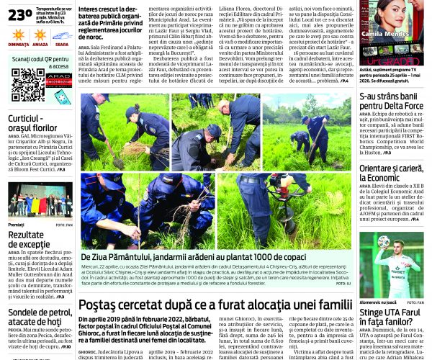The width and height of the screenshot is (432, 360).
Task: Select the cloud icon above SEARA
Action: pos(62,35)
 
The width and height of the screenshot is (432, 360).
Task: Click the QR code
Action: pos(27,85)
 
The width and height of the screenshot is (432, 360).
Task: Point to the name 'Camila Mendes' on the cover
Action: pos(390,32)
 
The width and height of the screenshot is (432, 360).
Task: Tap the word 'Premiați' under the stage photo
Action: pos(17,225)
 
